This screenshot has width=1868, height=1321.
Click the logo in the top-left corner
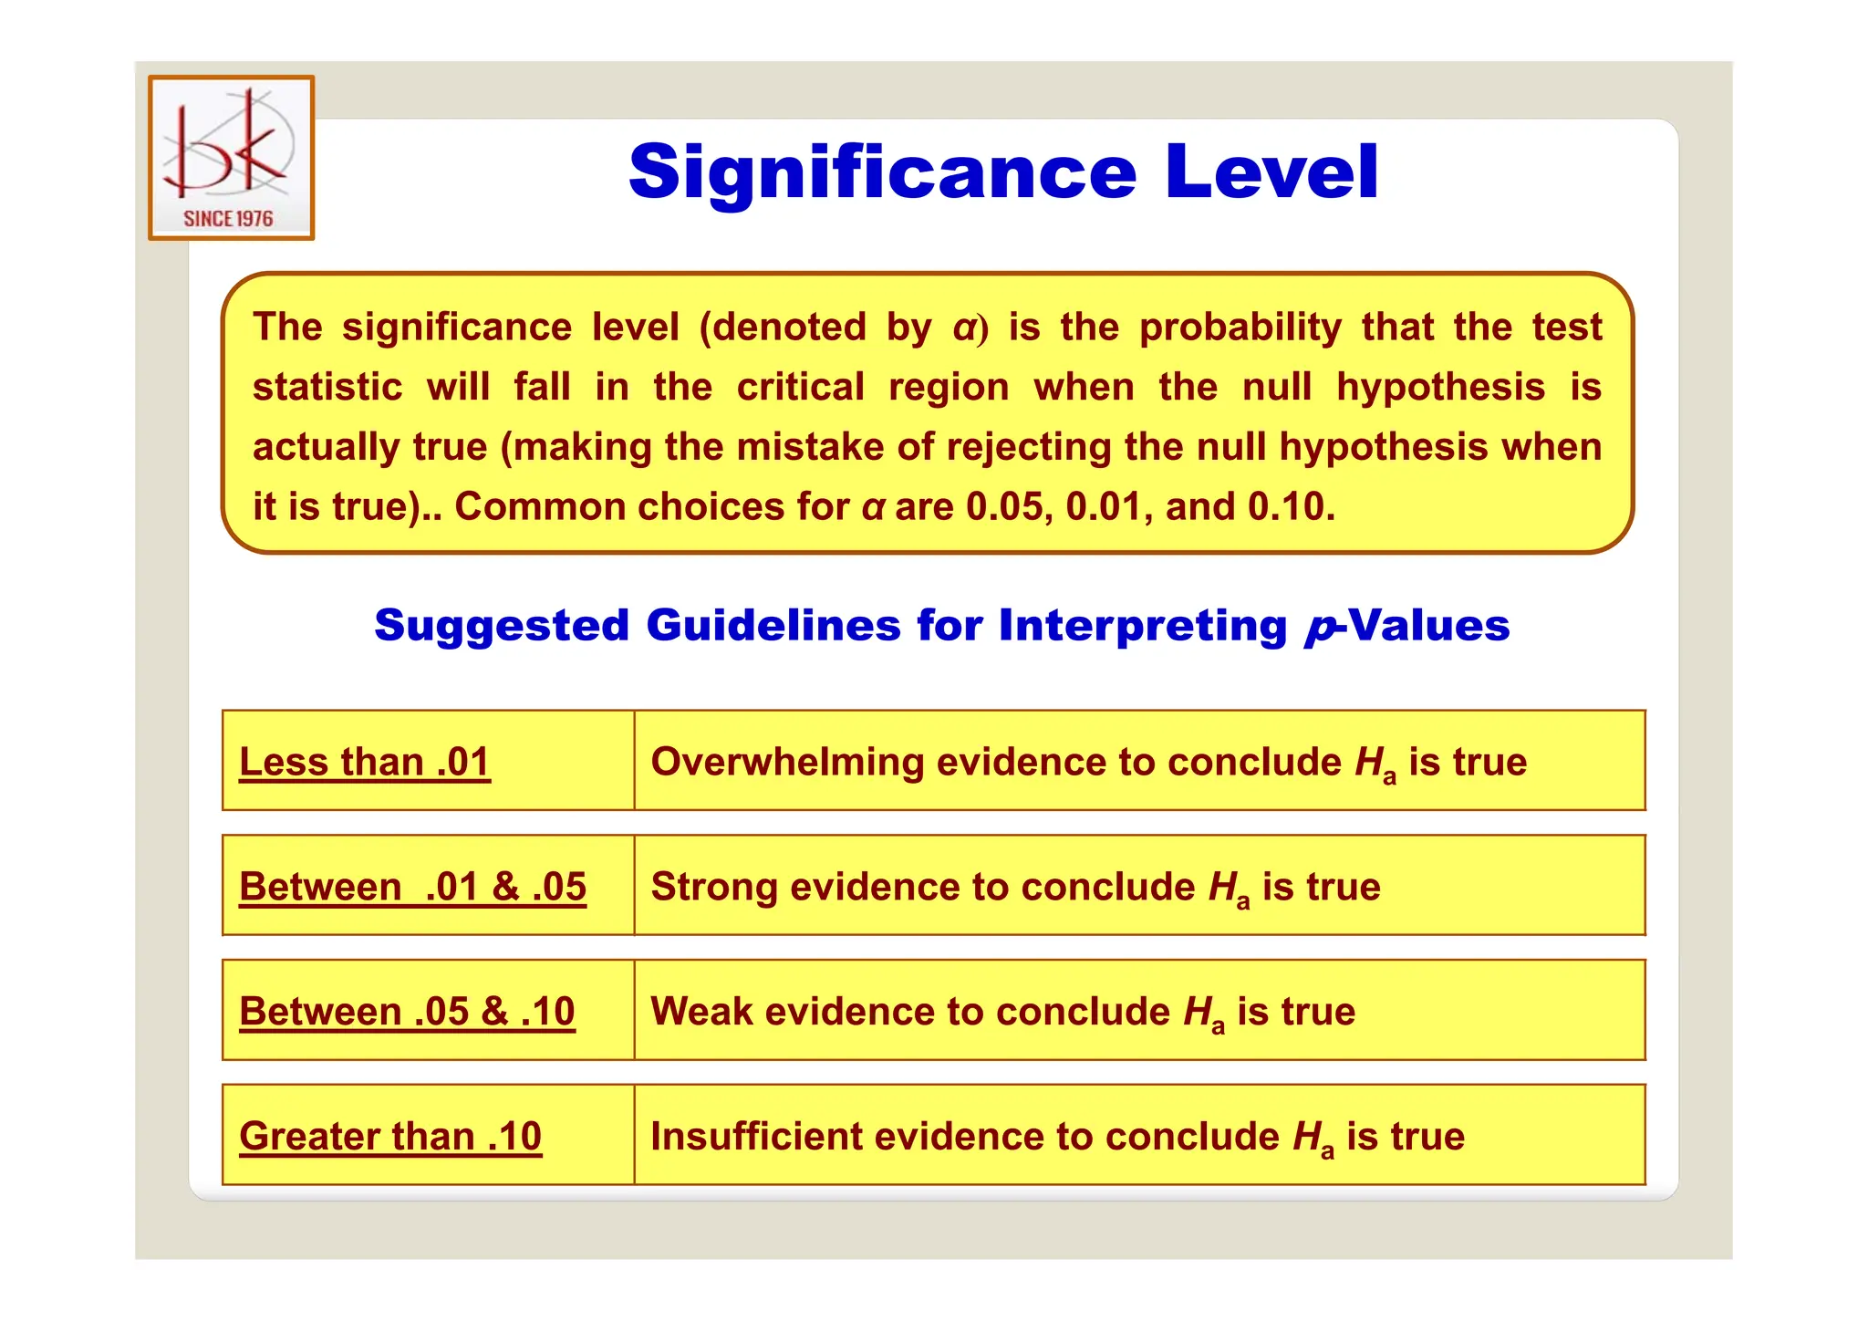[x=231, y=157]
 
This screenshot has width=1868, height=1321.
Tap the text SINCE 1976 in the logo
[x=228, y=219]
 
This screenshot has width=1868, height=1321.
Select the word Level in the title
[x=1271, y=172]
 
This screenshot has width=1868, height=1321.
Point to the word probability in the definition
[x=1240, y=328]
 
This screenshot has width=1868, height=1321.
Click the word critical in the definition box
[x=800, y=388]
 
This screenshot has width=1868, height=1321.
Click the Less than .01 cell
[x=365, y=762]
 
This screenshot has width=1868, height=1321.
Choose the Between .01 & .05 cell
[x=412, y=887]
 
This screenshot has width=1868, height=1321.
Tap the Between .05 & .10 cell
[x=407, y=1012]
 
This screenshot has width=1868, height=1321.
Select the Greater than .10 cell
[x=390, y=1137]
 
